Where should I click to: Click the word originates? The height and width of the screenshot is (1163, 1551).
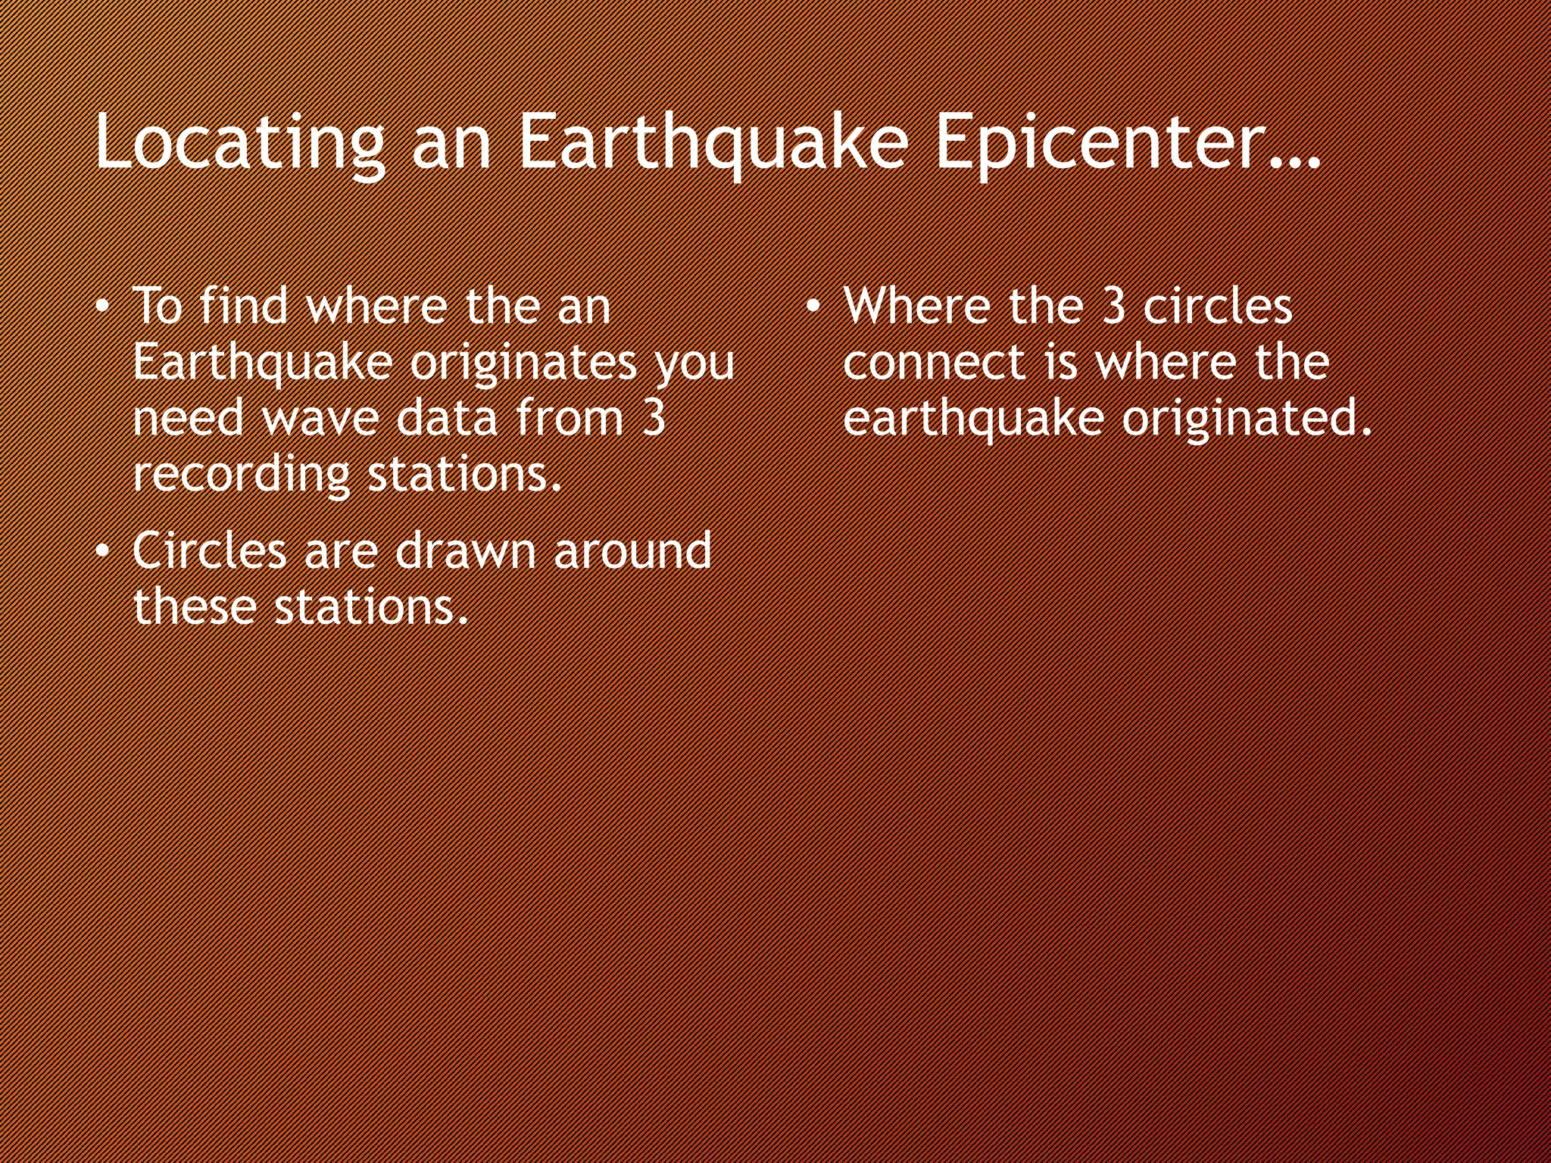[x=523, y=363]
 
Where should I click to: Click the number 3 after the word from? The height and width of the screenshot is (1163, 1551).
[x=653, y=418]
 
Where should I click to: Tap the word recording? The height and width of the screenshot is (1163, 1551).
[x=241, y=475]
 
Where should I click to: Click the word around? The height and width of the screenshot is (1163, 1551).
[x=633, y=550]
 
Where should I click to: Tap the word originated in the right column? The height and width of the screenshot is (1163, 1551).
[x=1246, y=419]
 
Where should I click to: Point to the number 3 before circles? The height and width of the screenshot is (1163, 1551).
[x=1113, y=307]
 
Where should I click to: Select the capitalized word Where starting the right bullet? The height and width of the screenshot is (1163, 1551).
[x=917, y=307]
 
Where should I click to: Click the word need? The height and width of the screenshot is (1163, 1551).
[x=189, y=418]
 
